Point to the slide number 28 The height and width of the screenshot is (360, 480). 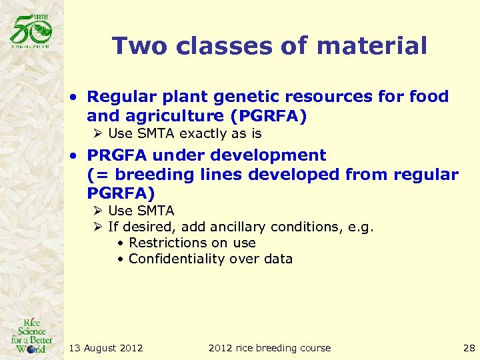(469, 348)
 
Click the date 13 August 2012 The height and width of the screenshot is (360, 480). (106, 348)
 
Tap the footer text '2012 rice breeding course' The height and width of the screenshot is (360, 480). (269, 348)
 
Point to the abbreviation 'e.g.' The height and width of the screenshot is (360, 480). (361, 227)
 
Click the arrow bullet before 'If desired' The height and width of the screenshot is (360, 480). (98, 227)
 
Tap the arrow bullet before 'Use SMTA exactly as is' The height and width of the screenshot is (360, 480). (98, 133)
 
